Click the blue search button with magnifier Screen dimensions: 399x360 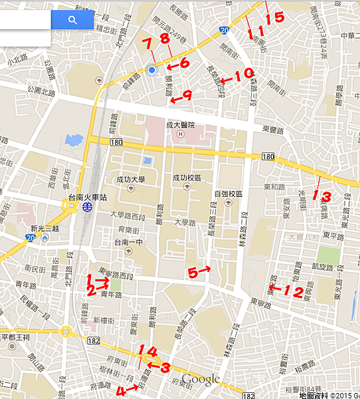click(x=72, y=20)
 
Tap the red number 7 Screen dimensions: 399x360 click(x=147, y=45)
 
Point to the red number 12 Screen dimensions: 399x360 click(x=294, y=291)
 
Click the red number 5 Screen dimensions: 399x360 click(x=193, y=272)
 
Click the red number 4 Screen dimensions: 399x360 click(x=120, y=391)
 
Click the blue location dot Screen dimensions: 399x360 click(x=152, y=69)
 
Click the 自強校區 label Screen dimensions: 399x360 click(x=228, y=194)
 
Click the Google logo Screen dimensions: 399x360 click(x=201, y=379)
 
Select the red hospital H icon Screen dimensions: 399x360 click(x=179, y=134)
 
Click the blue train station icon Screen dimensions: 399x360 click(x=87, y=207)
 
